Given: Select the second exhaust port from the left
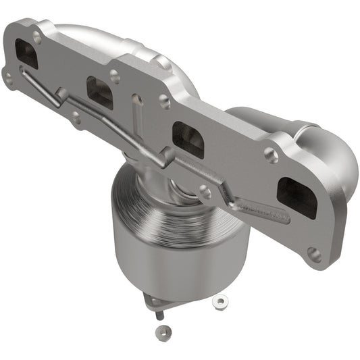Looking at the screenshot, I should tap(100, 93).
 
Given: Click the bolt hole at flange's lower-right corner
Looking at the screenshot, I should tap(313, 254).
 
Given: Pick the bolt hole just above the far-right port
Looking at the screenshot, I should tap(272, 155).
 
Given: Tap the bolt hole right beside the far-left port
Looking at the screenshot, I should tap(36, 38).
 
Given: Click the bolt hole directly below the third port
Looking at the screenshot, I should tap(205, 192).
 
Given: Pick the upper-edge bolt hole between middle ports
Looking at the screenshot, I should tap(164, 101).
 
